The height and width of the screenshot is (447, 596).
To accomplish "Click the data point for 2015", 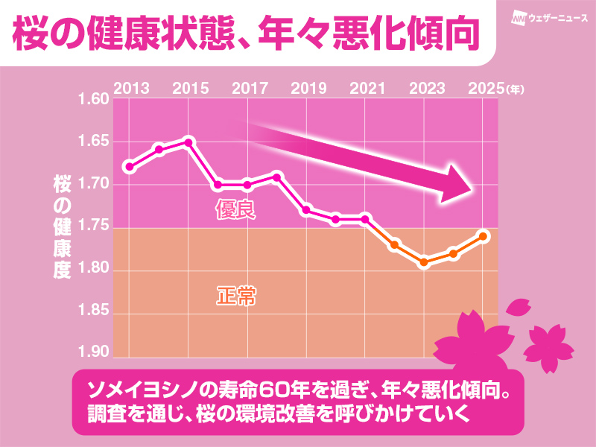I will pyautogui.click(x=188, y=142).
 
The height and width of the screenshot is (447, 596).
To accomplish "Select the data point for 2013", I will pyautogui.click(x=130, y=166).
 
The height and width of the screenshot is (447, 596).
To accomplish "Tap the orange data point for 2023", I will pyautogui.click(x=424, y=262).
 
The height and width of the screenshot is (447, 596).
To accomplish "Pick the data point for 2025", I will pyautogui.click(x=483, y=236).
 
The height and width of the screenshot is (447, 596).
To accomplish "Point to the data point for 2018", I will pyautogui.click(x=276, y=177).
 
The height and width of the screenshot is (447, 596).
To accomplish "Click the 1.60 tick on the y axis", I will pyautogui.click(x=93, y=100).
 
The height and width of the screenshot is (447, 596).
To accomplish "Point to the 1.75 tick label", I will pyautogui.click(x=93, y=227).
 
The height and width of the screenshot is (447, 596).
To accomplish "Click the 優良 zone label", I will pyautogui.click(x=235, y=210).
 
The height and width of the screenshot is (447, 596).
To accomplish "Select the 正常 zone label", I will pyautogui.click(x=235, y=297).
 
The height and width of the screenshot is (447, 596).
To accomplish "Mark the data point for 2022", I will pyautogui.click(x=395, y=244).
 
